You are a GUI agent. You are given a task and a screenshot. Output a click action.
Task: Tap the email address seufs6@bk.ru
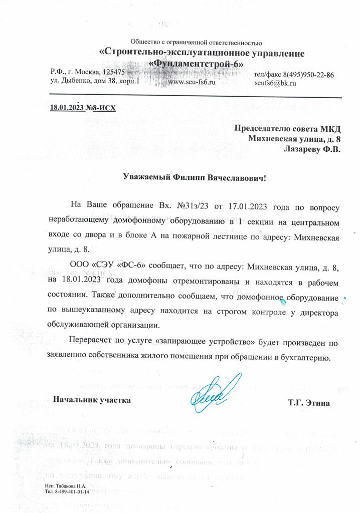point(275,83)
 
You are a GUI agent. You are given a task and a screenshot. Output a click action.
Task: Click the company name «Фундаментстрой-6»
point(198,64)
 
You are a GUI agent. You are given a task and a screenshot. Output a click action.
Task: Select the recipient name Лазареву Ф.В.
point(312,149)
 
